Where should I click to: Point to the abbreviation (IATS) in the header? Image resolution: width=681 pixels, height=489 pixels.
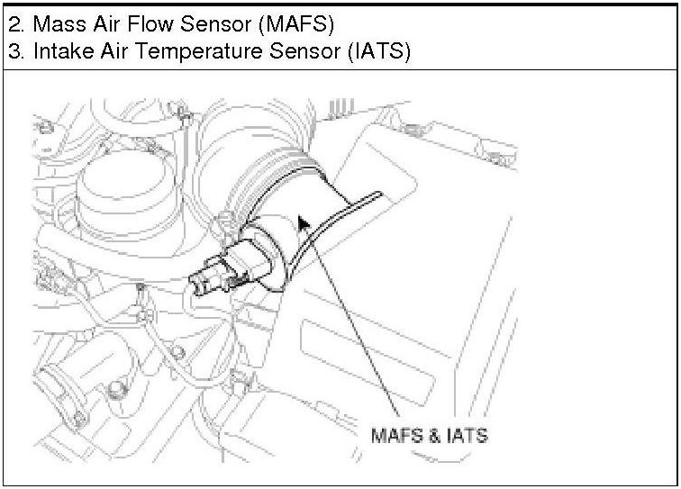coord(378,51)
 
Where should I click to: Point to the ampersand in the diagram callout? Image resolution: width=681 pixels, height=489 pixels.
coord(431,435)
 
